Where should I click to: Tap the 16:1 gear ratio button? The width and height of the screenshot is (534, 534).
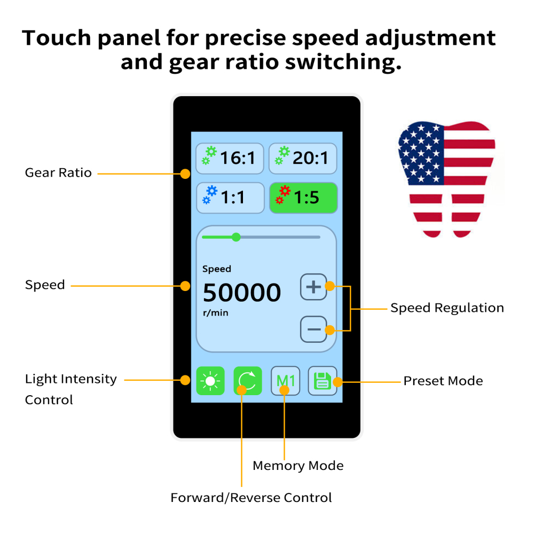230,159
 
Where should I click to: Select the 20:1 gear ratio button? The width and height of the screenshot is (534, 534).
303,159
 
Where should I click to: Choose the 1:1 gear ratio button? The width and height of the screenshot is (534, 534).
230,198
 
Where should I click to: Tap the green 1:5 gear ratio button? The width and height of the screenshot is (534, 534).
303,198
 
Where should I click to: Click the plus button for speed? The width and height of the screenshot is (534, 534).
313,287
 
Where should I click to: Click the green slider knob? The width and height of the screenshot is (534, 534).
236,237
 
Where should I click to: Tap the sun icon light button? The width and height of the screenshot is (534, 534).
210,381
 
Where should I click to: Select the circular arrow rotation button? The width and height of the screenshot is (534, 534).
248,381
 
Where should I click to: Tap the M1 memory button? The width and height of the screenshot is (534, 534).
285,381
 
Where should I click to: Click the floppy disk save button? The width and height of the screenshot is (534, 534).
323,381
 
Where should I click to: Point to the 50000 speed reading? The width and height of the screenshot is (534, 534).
242,293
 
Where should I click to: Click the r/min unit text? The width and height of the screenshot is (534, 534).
216,312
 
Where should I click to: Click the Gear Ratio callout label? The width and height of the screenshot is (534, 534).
58,172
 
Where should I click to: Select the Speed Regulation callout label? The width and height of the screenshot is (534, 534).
447,308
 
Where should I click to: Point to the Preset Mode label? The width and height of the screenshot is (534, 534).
443,381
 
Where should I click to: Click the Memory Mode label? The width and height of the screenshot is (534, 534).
298,466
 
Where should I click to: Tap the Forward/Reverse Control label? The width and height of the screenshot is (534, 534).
251,498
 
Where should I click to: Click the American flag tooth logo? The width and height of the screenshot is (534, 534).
447,179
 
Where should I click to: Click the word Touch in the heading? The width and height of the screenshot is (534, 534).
57,37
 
